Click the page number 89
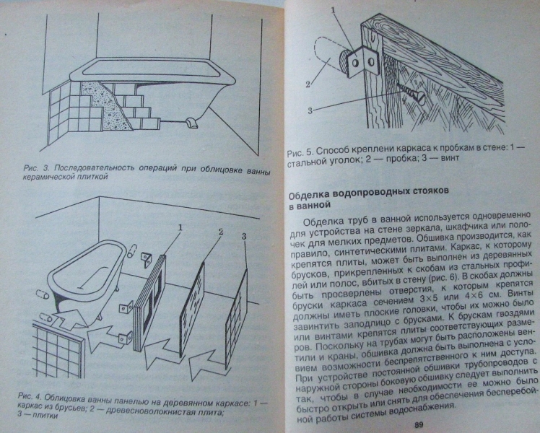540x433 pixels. coord(419,424)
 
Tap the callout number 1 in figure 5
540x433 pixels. coord(333,11)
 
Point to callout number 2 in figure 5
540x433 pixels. coord(308,84)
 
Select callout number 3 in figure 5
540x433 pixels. coord(310,110)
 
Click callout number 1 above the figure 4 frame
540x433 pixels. coord(180,227)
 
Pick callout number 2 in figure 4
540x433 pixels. coord(221,232)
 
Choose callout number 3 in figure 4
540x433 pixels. coord(244,236)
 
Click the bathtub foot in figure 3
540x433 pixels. coord(191,123)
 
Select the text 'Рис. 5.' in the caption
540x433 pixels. coord(300,151)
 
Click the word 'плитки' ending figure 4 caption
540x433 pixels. coord(46,415)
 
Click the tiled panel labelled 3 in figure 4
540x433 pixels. coord(237,317)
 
